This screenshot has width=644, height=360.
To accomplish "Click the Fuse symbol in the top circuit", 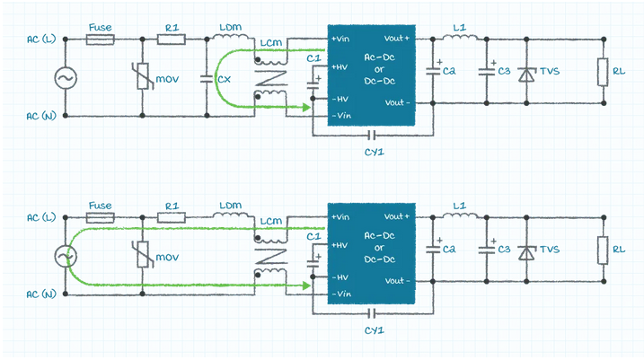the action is pyautogui.click(x=101, y=40).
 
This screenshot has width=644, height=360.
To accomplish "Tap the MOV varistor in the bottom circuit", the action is pyautogui.click(x=143, y=254).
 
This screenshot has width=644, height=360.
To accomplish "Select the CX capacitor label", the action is pyautogui.click(x=225, y=79).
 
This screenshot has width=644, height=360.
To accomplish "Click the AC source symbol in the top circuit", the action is pyautogui.click(x=66, y=78).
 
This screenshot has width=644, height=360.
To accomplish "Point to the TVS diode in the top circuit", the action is pyautogui.click(x=526, y=74).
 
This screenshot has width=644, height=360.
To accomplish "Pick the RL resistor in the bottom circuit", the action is pyautogui.click(x=603, y=250).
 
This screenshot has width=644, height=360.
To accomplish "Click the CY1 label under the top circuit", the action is pyautogui.click(x=375, y=153).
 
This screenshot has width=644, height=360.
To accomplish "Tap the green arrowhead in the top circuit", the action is pyautogui.click(x=306, y=108).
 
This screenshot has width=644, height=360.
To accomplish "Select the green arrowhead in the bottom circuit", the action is pyautogui.click(x=306, y=285).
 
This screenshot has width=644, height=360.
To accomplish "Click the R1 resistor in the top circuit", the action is pyautogui.click(x=172, y=40).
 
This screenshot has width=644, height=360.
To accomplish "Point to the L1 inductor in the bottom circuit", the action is pyautogui.click(x=460, y=215).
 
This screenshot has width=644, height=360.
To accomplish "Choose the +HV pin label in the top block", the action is pyautogui.click(x=340, y=67).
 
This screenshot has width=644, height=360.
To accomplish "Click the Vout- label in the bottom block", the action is pyautogui.click(x=397, y=281).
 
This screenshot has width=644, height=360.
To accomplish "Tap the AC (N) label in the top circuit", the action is pyautogui.click(x=41, y=116).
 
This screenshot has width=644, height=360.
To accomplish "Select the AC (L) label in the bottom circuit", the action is pyautogui.click(x=41, y=217).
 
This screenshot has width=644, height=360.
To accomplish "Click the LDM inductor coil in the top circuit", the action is pyautogui.click(x=231, y=37).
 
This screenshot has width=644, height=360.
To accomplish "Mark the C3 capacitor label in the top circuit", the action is pyautogui.click(x=504, y=71).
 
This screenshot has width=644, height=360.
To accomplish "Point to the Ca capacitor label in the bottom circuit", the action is pyautogui.click(x=449, y=250).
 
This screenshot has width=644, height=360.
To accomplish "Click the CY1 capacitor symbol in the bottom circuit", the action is pyautogui.click(x=371, y=314).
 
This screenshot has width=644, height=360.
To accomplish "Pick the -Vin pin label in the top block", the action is pyautogui.click(x=341, y=116).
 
